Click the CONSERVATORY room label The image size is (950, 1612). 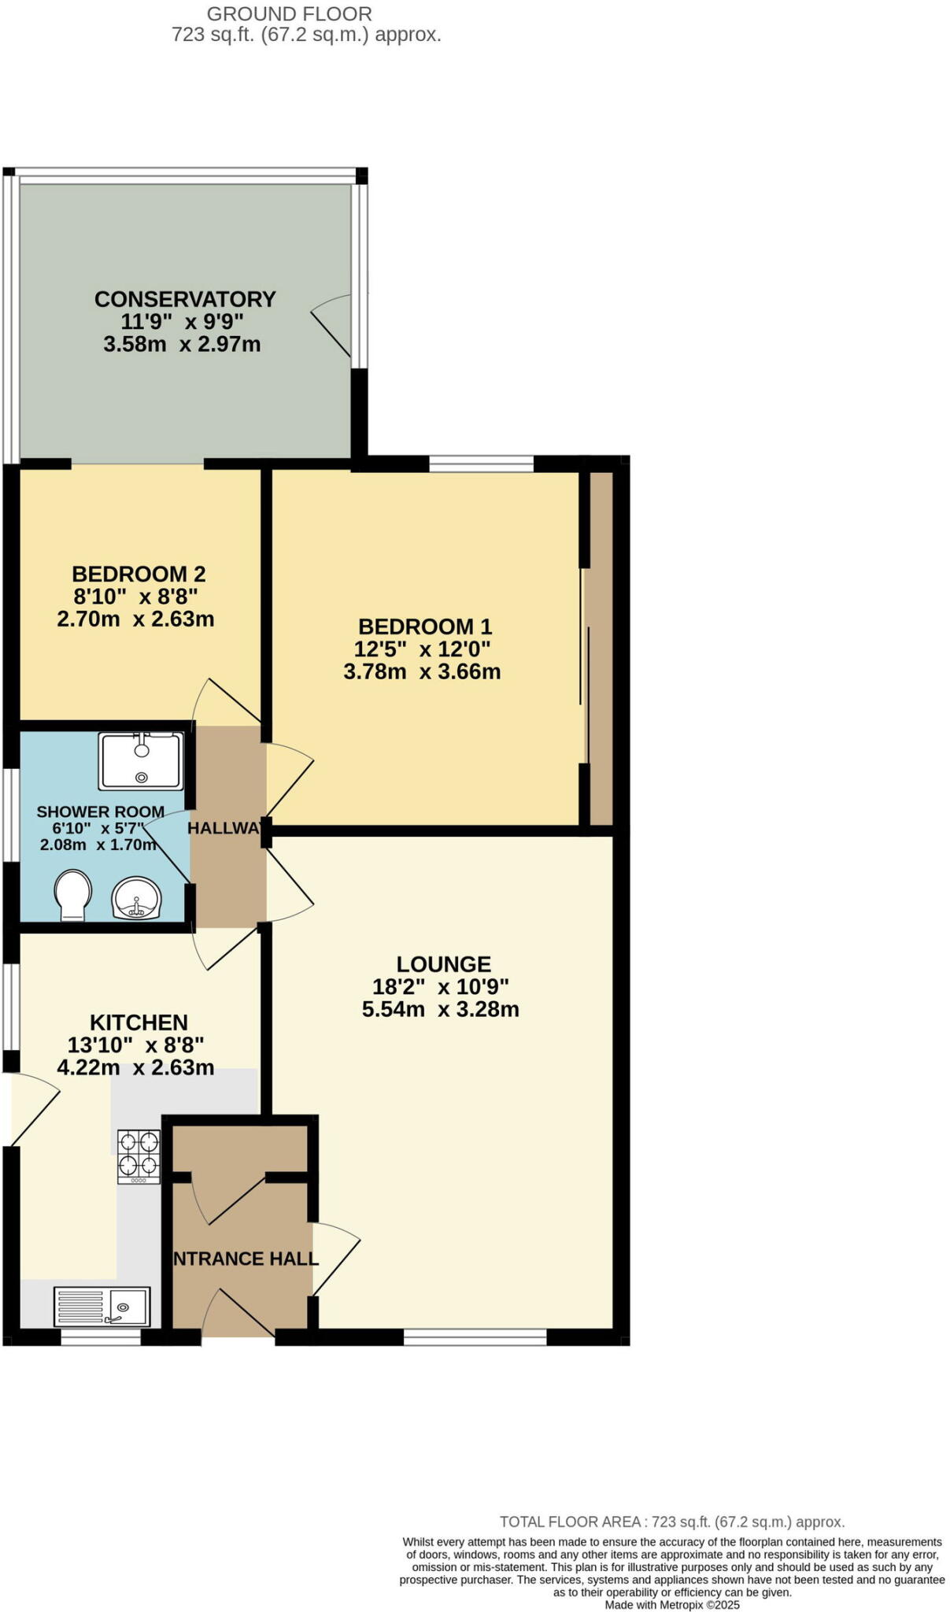coord(185,299)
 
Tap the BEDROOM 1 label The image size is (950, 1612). coord(425,627)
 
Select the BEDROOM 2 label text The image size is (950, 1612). coord(139,574)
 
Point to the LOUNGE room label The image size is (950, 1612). coord(444,964)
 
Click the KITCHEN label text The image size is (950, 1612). coord(139,1022)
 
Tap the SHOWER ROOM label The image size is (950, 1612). coord(100,812)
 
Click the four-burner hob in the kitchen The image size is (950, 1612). coord(139,1156)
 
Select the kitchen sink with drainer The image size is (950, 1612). coord(102,1307)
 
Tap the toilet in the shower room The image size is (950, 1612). coord(72,894)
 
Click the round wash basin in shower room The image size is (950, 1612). coord(136,899)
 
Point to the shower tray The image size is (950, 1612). coord(141,761)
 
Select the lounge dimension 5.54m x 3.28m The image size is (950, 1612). coord(441,1010)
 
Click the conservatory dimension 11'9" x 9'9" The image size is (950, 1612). coord(183,321)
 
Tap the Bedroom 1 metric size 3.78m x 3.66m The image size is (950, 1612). coord(423,672)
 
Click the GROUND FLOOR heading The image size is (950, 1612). coord(290,13)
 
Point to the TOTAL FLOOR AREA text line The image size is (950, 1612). coord(672,1522)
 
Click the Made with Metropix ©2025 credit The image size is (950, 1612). coord(672,1605)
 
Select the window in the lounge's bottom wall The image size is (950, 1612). coord(475,1337)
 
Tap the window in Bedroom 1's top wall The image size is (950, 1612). coord(481,464)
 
